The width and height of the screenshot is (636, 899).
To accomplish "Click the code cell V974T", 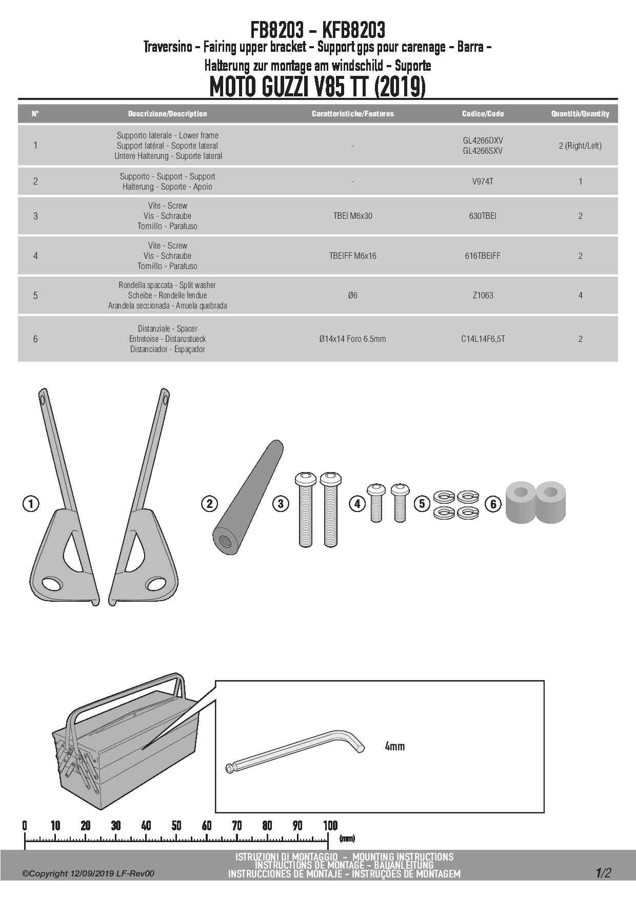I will tap(483, 181).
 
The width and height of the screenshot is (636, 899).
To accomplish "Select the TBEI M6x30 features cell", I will tap(352, 216).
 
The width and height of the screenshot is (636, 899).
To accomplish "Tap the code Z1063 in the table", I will tap(483, 295).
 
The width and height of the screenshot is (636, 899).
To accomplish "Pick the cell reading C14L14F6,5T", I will tap(483, 339).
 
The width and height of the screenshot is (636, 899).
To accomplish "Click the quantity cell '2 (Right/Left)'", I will tap(580, 146).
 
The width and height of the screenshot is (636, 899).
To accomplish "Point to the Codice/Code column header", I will tap(483, 114).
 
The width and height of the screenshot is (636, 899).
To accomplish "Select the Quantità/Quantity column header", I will tap(580, 114).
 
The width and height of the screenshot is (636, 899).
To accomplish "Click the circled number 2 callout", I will tap(209, 504).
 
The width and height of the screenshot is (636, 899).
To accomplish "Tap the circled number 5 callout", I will tap(422, 504).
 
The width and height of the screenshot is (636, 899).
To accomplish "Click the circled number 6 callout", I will tap(493, 504).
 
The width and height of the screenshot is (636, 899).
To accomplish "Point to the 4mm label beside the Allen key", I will tap(394, 746).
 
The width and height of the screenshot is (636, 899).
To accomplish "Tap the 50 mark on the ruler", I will tap(176, 826).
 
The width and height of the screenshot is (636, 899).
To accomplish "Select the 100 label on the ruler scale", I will tap(330, 826).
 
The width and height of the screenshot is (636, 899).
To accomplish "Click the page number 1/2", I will tap(603, 873).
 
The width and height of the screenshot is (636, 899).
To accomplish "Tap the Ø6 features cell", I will tap(352, 295).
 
